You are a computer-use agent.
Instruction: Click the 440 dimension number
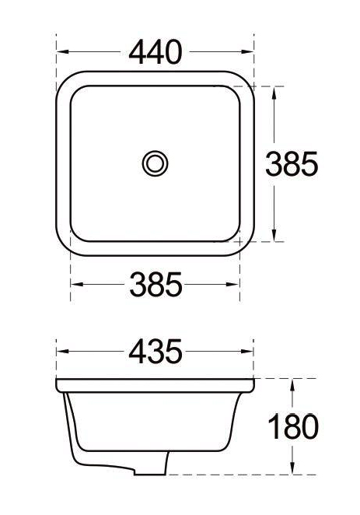pyautogui.click(x=156, y=52)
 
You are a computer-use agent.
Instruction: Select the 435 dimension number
pyautogui.click(x=156, y=352)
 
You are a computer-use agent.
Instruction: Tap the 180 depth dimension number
pyautogui.click(x=292, y=426)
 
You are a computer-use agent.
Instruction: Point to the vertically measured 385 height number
pyautogui.click(x=292, y=163)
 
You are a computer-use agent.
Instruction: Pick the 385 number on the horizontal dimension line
pyautogui.click(x=156, y=286)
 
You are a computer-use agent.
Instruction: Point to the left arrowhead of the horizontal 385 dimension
pyautogui.click(x=75, y=286)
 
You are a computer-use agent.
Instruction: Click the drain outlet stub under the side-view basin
pyautogui.click(x=151, y=465)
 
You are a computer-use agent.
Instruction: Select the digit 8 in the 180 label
pyautogui.click(x=292, y=426)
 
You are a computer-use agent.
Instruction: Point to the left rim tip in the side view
pyautogui.click(x=58, y=385)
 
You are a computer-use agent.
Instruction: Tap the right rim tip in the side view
pyautogui.click(x=254, y=385)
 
